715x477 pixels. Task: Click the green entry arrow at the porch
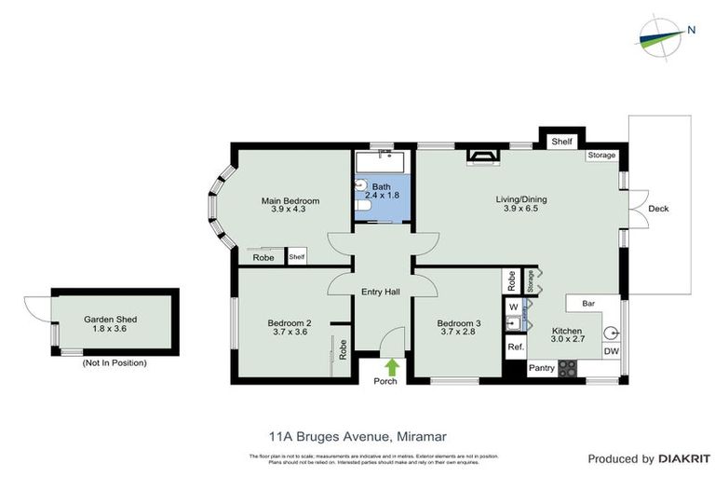pyautogui.click(x=392, y=367)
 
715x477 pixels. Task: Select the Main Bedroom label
pyautogui.click(x=290, y=205)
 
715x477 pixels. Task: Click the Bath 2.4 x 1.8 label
pyautogui.click(x=382, y=190)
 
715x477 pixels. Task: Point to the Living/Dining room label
pyautogui.click(x=520, y=203)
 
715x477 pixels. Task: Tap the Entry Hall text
pyautogui.click(x=380, y=293)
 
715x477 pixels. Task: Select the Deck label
pyautogui.click(x=658, y=209)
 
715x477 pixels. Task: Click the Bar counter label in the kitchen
pyautogui.click(x=588, y=304)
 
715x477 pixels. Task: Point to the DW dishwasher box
pyautogui.click(x=611, y=351)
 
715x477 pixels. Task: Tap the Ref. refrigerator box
pyautogui.click(x=514, y=347)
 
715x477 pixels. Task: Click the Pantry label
pyautogui.click(x=542, y=369)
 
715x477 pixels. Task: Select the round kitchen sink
pyautogui.click(x=612, y=331)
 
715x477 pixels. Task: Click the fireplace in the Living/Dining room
pyautogui.click(x=481, y=155)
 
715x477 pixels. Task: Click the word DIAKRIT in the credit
pyautogui.click(x=685, y=458)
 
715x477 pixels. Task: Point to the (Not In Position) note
pyautogui.click(x=114, y=362)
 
